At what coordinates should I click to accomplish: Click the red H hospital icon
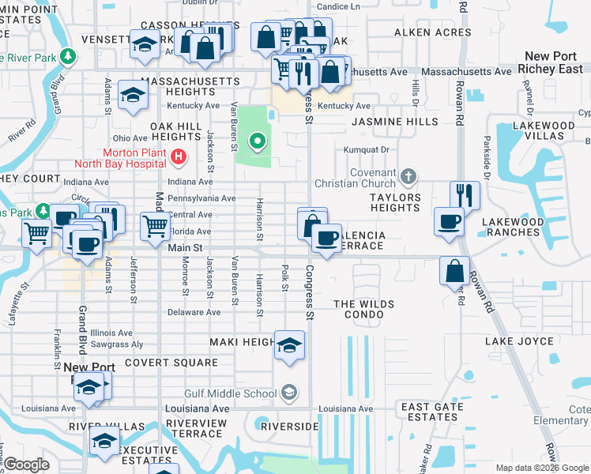click(178, 157)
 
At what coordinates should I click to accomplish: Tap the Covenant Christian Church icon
click(408, 175)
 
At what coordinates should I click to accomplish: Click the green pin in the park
click(257, 142)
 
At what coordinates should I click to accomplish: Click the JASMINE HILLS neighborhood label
click(394, 122)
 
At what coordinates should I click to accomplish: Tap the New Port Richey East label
click(554, 62)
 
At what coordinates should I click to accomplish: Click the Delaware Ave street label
click(194, 312)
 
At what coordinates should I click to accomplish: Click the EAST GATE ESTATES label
click(431, 412)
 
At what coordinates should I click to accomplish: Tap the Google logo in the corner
click(27, 465)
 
